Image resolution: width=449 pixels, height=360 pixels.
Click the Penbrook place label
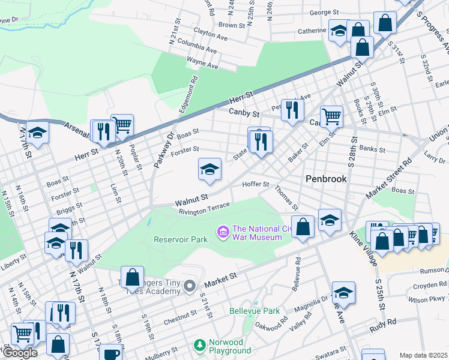click(326, 179)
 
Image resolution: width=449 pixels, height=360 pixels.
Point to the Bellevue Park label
click(254, 311)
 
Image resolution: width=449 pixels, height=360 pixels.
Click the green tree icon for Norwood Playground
click(199, 345)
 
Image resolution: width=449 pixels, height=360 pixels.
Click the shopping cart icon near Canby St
click(331, 116)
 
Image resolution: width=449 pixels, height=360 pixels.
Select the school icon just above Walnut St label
click(209, 169)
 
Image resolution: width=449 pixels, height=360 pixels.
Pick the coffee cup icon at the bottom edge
click(110, 353)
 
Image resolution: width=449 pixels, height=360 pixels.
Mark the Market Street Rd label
click(390, 180)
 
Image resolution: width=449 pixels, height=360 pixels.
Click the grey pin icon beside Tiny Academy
click(190, 285)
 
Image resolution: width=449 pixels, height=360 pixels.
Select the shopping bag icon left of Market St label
click(133, 277)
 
